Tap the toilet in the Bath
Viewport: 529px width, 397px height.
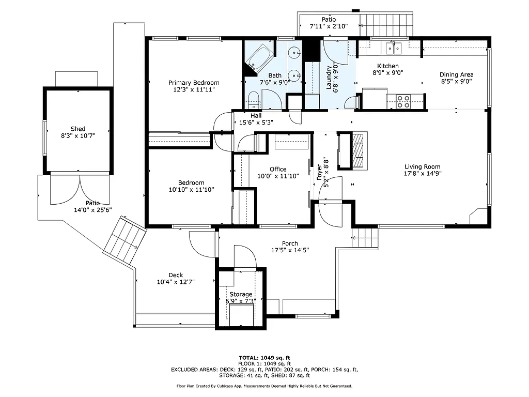coord(253,100)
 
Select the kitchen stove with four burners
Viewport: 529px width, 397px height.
coord(403,101)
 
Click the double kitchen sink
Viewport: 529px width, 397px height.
coord(394,49)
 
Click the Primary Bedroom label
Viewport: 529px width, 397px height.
coord(194,83)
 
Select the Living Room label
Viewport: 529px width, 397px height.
coord(422,166)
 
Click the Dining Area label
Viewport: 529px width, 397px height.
coord(456,74)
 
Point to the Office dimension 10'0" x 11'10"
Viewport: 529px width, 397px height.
coord(278,176)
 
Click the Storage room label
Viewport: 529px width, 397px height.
coord(241,294)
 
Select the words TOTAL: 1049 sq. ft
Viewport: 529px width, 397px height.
coord(264,358)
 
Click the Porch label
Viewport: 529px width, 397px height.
coord(290,243)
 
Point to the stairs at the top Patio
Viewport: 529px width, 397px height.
coord(387,22)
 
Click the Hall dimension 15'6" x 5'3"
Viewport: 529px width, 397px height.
coord(256,123)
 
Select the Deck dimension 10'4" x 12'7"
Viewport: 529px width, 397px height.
coord(176,282)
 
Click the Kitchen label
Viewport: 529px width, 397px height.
coord(387,66)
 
